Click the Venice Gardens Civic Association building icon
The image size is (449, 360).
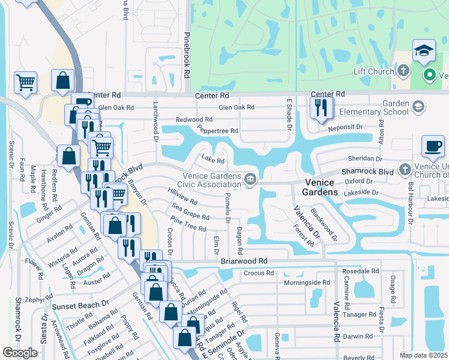click(250, 179)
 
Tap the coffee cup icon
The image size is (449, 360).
click(433, 146)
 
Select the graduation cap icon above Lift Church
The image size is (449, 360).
click(424, 52)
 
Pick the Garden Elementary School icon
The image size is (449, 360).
click(418, 107)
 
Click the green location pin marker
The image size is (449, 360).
click(430, 75)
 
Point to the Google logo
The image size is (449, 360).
click(20, 353)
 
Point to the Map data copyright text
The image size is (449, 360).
click(424, 355)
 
